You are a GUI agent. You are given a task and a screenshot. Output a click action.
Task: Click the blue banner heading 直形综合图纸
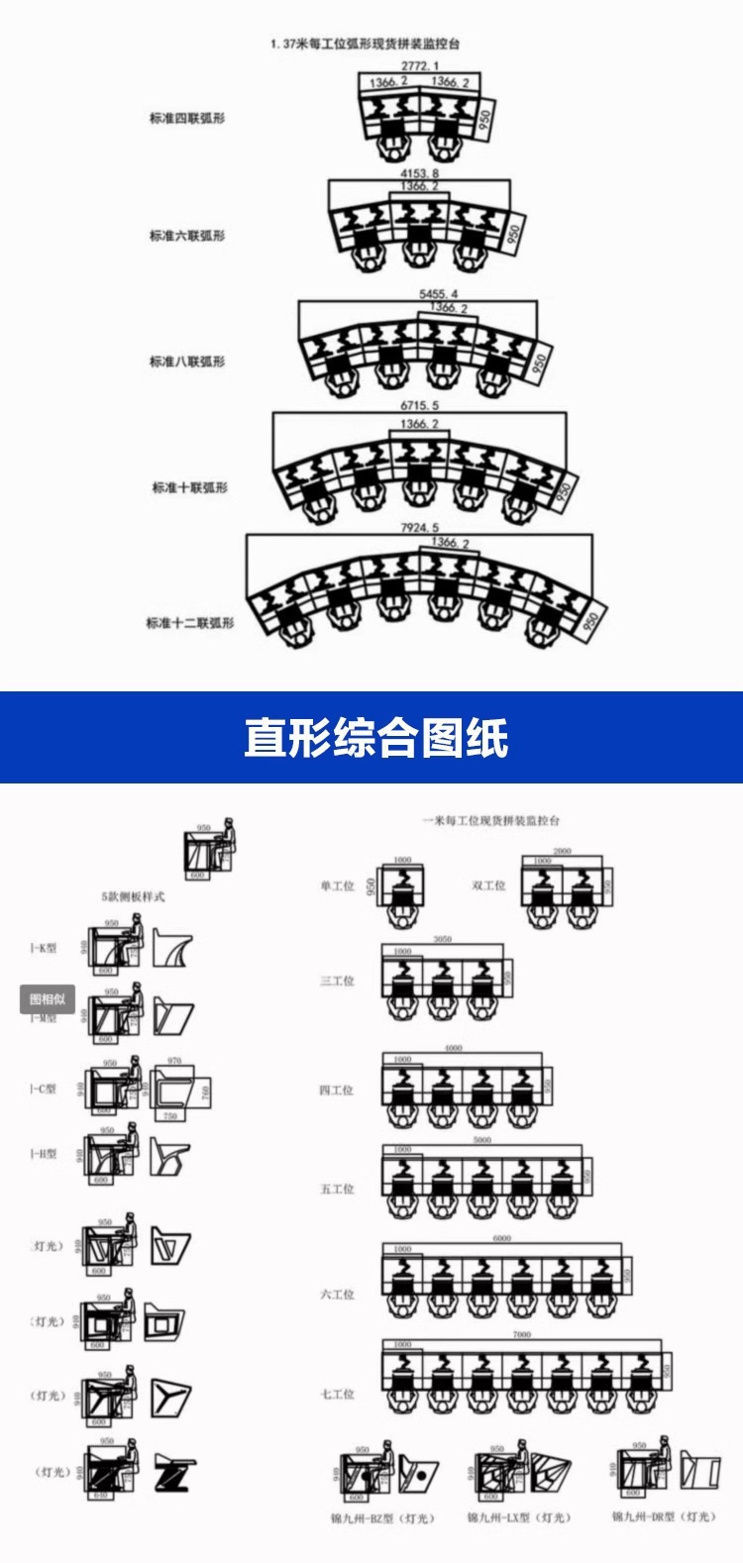375,739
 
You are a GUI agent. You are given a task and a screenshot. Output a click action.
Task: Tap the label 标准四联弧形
187,118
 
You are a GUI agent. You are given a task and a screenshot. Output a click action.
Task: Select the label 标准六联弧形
187,236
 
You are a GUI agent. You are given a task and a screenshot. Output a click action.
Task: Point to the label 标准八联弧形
187,362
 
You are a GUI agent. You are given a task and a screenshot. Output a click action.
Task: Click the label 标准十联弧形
189,487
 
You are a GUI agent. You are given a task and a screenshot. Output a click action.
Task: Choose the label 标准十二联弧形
190,623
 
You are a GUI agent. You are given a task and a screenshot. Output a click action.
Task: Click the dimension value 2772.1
420,65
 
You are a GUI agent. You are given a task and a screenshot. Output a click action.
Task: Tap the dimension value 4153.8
420,173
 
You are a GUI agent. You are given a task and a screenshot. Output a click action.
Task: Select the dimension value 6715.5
419,405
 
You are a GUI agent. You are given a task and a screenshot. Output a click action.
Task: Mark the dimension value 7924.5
419,528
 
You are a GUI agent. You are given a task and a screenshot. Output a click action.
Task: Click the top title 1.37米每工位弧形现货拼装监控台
365,44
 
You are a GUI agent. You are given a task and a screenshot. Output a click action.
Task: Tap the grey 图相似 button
48,998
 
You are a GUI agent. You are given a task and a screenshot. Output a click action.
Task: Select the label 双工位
488,886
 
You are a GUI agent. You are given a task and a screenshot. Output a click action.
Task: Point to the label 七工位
337,1394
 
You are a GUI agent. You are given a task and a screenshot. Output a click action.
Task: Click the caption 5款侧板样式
133,896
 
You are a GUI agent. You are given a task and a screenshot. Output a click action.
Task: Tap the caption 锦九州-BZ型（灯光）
382,1517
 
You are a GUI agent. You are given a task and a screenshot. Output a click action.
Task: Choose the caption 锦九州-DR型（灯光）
663,1516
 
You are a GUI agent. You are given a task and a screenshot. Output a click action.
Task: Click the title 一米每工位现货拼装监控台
491,821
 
